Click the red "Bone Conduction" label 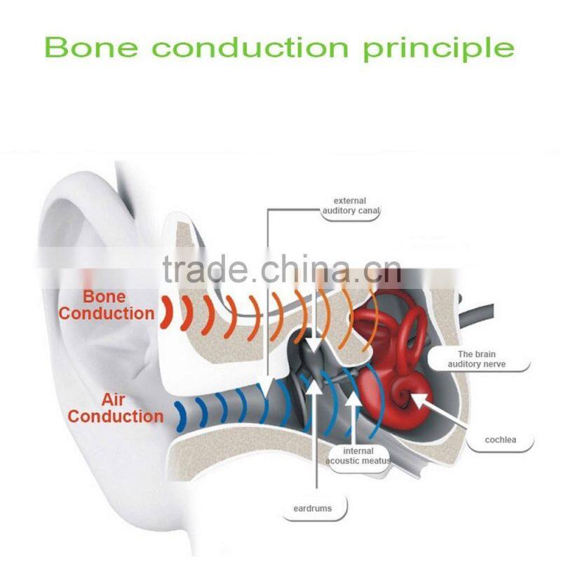pyautogui.click(x=106, y=305)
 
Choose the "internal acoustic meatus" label pyautogui.click(x=358, y=456)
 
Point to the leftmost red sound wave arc pyautogui.click(x=165, y=313)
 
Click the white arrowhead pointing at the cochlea pyautogui.click(x=418, y=399)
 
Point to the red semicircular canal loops pyautogui.click(x=393, y=330)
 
